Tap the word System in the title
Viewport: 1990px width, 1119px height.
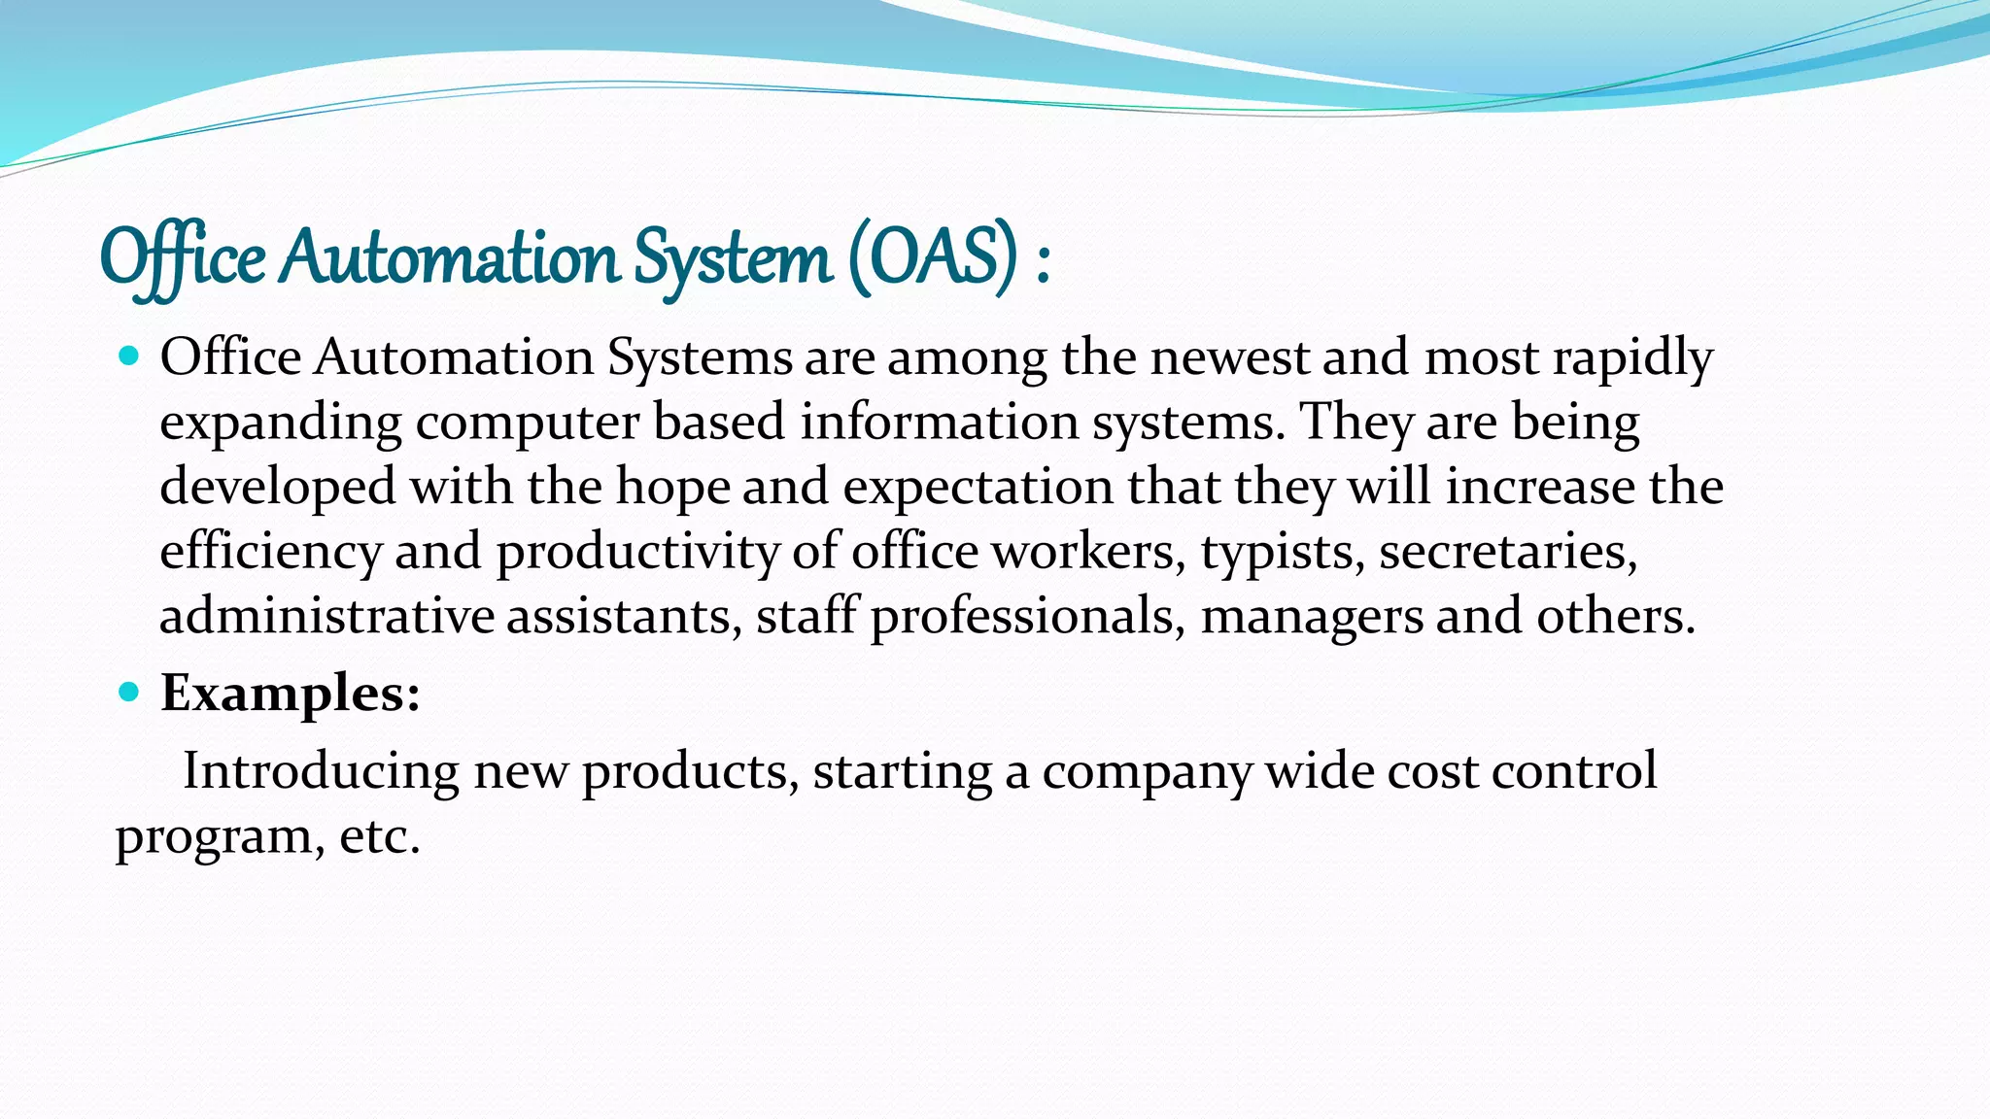tap(734, 258)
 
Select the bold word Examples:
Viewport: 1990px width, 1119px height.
tap(290, 694)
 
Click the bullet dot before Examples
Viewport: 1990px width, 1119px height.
tap(128, 693)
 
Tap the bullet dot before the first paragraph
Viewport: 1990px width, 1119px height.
tap(128, 356)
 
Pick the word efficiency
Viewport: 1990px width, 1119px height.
tap(270, 552)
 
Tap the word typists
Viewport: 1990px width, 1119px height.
tap(1282, 552)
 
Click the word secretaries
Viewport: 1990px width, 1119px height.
tap(1507, 552)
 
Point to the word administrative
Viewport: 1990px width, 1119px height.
tap(326, 616)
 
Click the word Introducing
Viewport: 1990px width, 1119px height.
tap(321, 771)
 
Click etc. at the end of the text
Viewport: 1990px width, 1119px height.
tap(379, 835)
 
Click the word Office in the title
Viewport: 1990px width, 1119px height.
tap(183, 258)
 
